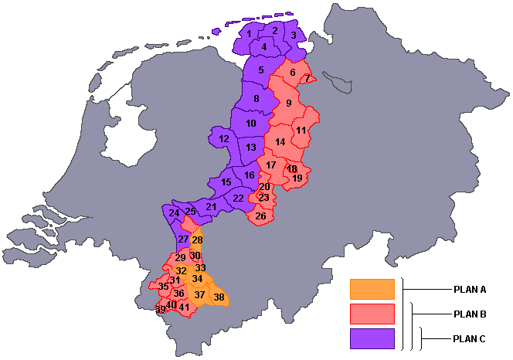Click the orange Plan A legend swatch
coord(372,289)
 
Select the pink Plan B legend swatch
coord(372,314)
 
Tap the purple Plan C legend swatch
coord(372,338)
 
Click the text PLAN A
coord(470,290)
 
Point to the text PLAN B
coord(470,314)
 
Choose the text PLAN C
coord(470,339)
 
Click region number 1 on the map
coord(250,34)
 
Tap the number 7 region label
coord(307,79)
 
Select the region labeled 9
coord(288,104)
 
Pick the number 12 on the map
coord(224,139)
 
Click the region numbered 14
coord(280,141)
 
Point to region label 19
coord(297,178)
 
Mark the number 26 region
coord(260,216)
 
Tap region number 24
coord(174,213)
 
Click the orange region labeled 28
coord(197,240)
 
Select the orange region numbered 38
coord(219,297)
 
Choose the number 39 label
coord(161,310)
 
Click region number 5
coord(261,71)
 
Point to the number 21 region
coord(211,207)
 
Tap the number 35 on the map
coord(163,287)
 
